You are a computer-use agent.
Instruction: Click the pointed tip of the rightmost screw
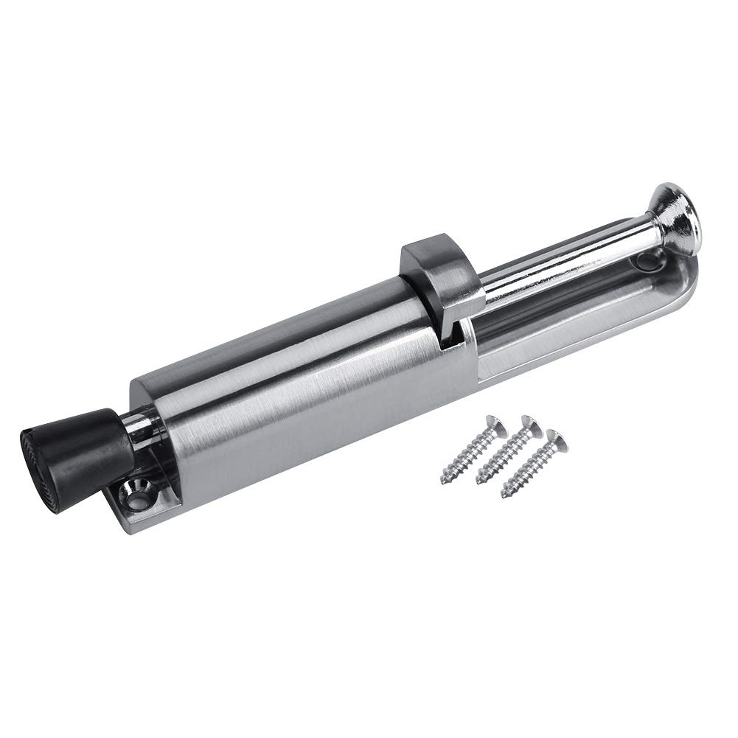click(504, 493)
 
